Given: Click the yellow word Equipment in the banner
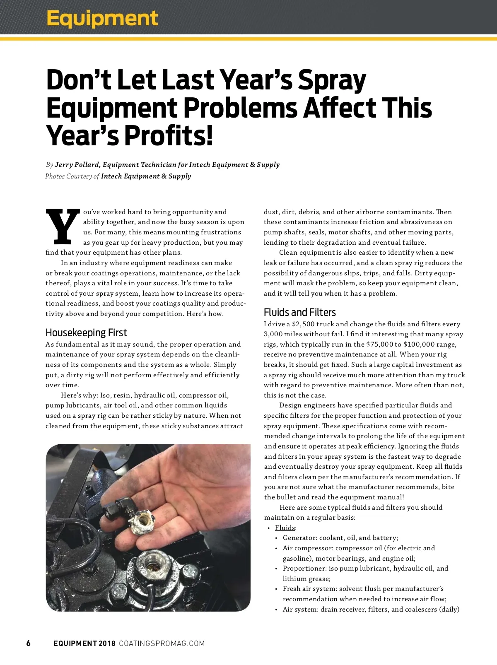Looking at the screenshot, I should pos(102,18).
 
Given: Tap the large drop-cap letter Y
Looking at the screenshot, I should pos(63,226).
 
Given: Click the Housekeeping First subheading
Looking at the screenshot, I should pos(86,332).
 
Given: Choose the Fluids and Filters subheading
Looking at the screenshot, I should pos(299,312).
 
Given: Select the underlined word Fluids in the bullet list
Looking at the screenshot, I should pos(285,528).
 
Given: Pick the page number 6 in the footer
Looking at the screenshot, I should pos(28,643).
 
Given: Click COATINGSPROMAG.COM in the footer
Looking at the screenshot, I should pos(162,643).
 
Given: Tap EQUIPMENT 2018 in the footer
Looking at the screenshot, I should pos(84,643).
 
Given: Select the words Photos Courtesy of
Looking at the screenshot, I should pos(72,176).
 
